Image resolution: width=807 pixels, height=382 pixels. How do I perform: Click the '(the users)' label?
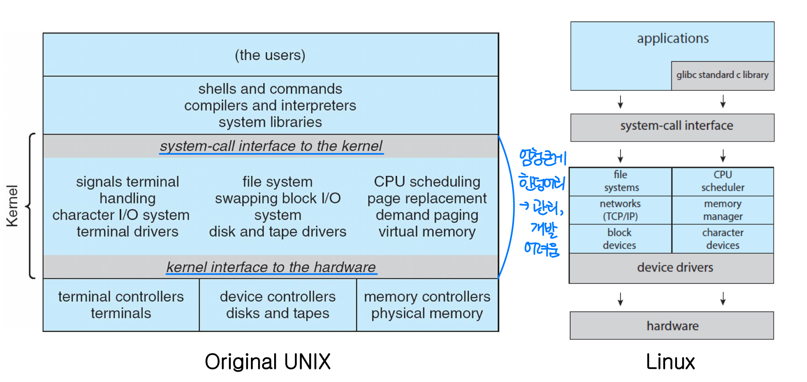[x=270, y=55]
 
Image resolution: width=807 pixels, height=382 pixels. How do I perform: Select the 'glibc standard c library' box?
[x=722, y=75]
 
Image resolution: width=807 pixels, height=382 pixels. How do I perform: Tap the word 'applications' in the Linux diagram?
[x=673, y=39]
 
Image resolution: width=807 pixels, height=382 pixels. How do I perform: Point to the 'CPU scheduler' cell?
[x=723, y=181]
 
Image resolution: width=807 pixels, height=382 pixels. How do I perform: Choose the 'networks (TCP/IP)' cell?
[x=620, y=210]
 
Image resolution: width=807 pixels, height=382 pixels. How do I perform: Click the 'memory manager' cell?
[x=723, y=210]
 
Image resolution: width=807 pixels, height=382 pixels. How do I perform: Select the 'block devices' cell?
[x=620, y=239]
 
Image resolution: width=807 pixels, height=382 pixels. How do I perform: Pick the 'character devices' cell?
[x=723, y=239]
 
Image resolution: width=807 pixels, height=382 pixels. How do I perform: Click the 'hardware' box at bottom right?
[x=672, y=326]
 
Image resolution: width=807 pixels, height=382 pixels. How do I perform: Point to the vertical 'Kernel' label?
[x=12, y=206]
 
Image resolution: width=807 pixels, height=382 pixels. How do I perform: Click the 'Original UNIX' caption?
[x=267, y=362]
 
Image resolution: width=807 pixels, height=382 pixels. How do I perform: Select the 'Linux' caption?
[x=670, y=362]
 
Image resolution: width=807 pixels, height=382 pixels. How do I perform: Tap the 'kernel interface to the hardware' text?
[x=271, y=267]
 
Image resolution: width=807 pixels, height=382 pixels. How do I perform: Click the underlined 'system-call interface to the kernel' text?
[x=271, y=146]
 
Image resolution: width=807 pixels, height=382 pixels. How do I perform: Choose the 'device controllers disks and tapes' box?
[x=278, y=305]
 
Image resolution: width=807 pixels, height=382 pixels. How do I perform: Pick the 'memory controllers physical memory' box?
[x=427, y=305]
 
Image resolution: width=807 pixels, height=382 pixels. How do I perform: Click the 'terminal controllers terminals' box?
[x=121, y=305]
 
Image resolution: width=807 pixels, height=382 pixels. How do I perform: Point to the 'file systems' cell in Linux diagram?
[x=621, y=181]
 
